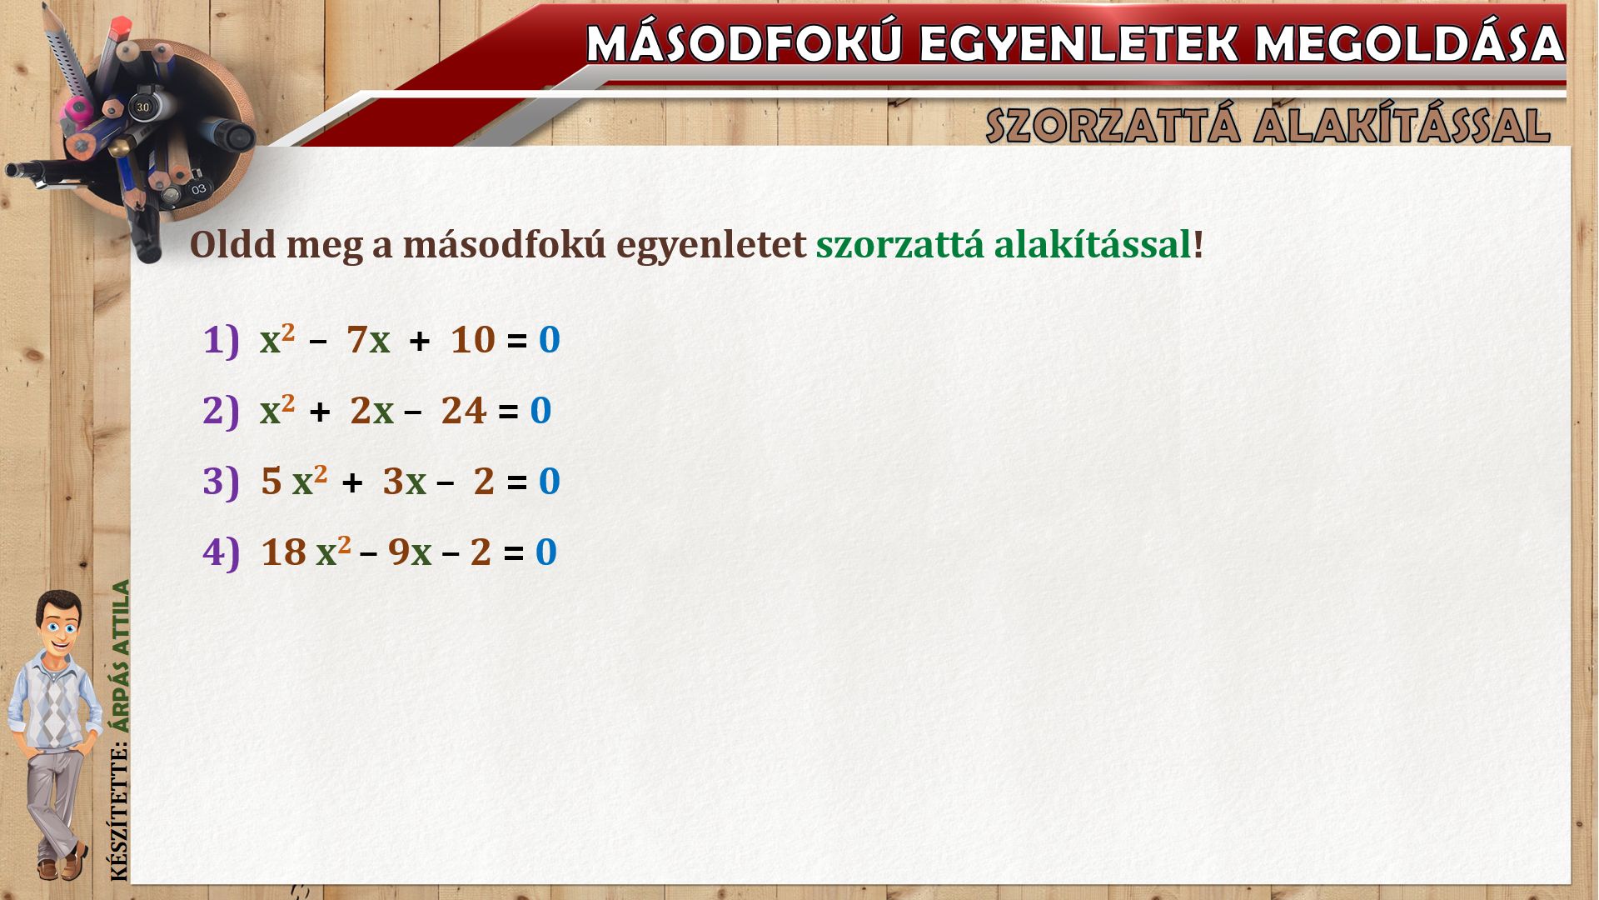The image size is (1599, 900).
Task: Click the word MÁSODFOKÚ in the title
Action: click(744, 43)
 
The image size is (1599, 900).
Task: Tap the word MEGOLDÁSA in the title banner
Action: click(1410, 43)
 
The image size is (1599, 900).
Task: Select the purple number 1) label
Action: click(221, 341)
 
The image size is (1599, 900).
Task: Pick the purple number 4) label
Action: click(221, 552)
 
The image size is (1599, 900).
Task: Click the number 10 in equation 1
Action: click(473, 341)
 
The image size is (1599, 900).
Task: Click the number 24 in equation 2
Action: click(464, 411)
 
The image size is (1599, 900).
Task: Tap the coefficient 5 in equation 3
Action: click(271, 482)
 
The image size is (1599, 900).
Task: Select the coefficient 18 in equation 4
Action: click(283, 552)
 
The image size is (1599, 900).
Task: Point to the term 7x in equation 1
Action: click(368, 341)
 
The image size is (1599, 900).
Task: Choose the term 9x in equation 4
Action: click(410, 552)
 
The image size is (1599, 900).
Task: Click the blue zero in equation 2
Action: click(541, 411)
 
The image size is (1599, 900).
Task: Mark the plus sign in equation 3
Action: click(352, 482)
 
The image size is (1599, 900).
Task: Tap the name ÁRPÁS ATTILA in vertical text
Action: click(122, 657)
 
